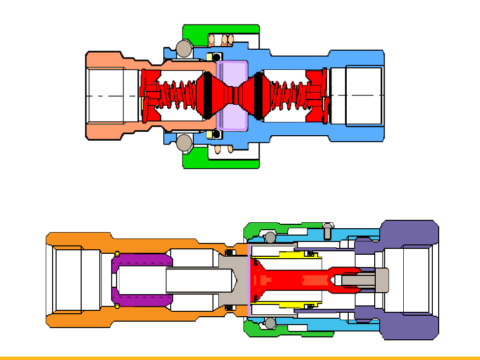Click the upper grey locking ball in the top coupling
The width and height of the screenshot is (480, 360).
(x=184, y=48)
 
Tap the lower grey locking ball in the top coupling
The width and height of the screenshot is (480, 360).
(x=184, y=142)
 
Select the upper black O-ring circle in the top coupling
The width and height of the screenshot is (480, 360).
(x=215, y=56)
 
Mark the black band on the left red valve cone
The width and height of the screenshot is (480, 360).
(x=208, y=95)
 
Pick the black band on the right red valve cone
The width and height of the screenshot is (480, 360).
(x=258, y=95)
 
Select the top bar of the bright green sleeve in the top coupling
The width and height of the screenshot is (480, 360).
(x=221, y=29)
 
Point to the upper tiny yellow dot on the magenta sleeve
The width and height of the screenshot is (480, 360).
(x=118, y=254)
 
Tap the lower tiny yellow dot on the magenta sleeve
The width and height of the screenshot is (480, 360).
(x=118, y=307)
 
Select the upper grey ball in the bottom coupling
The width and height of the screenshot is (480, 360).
(x=270, y=238)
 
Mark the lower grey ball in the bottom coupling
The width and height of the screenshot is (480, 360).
(x=270, y=323)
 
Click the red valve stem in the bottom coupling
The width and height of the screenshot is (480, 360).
(x=290, y=280)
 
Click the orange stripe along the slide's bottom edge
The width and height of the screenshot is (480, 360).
(x=240, y=358)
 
